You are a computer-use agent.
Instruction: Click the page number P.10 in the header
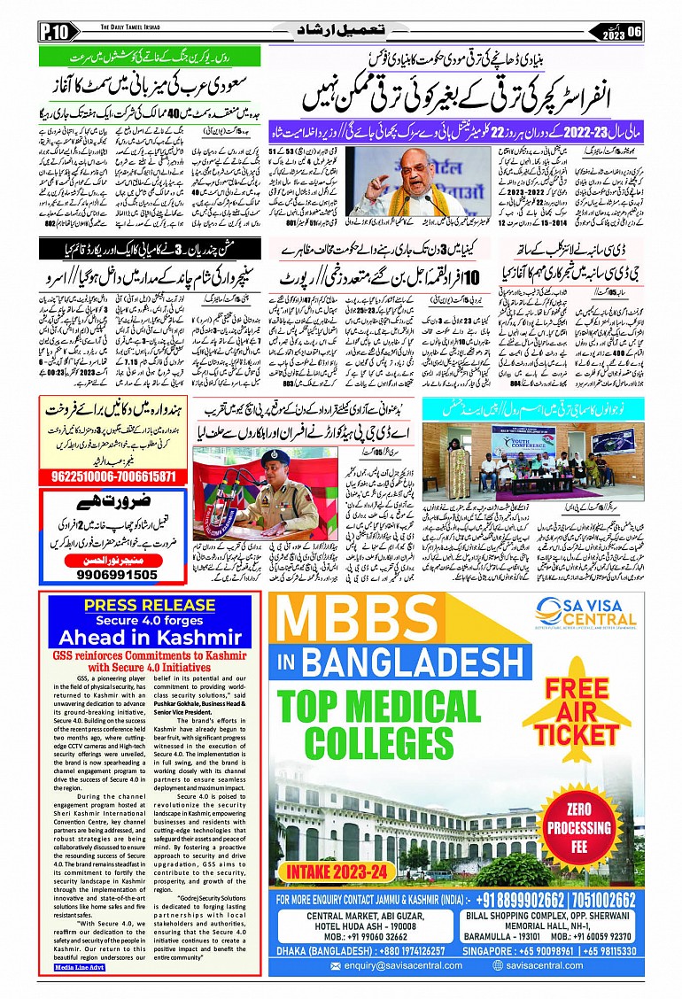click(53, 33)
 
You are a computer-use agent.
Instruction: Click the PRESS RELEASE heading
click(150, 605)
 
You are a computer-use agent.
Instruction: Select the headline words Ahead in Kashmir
click(150, 637)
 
